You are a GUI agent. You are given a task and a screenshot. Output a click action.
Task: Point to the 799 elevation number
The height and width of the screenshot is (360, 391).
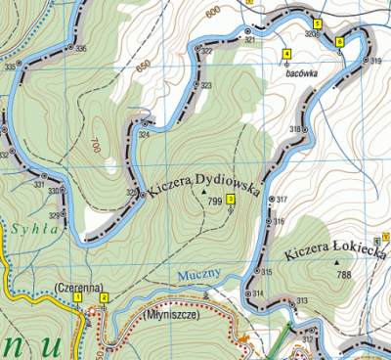[x=214, y=201]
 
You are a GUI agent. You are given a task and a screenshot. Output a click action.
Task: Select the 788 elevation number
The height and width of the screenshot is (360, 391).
[x=343, y=275]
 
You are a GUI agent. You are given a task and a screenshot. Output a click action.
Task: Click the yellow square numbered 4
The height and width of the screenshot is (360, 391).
[x=286, y=53]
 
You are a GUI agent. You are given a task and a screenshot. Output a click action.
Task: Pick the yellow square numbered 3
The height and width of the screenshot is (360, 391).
[x=230, y=200]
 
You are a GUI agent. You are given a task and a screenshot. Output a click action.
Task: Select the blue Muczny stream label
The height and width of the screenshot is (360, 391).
[x=202, y=276]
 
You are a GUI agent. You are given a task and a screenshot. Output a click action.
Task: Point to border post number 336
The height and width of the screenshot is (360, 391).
[x=80, y=49]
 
